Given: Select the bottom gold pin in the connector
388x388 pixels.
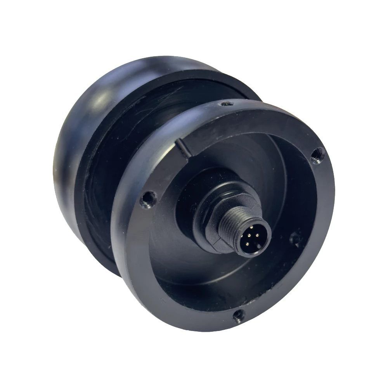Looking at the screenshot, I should pos(247,243).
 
